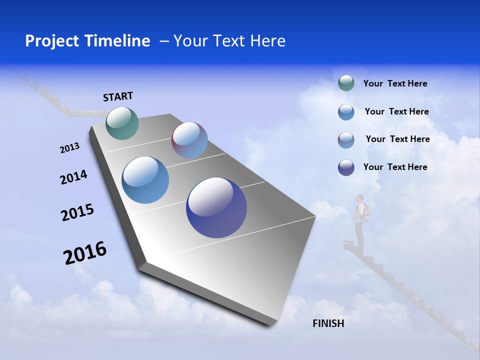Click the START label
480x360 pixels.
(x=118, y=96)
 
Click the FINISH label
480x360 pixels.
(x=328, y=323)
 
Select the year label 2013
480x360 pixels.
(x=69, y=148)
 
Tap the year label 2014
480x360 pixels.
(x=73, y=177)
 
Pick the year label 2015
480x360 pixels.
(x=77, y=212)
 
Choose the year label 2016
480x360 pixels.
(x=85, y=253)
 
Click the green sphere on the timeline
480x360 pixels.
(x=122, y=123)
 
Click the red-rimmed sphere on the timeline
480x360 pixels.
(x=189, y=140)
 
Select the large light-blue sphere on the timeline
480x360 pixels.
(x=145, y=180)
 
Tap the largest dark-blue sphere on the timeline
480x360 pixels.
(x=216, y=207)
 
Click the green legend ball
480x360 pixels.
(x=346, y=83)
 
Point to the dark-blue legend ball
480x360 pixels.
(x=346, y=167)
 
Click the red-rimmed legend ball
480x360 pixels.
(x=346, y=140)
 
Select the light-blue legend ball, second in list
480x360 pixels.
(x=346, y=112)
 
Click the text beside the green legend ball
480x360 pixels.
(x=395, y=84)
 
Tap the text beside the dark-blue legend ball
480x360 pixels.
(x=395, y=167)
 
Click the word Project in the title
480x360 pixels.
(x=48, y=41)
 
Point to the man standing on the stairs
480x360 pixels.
(x=359, y=220)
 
